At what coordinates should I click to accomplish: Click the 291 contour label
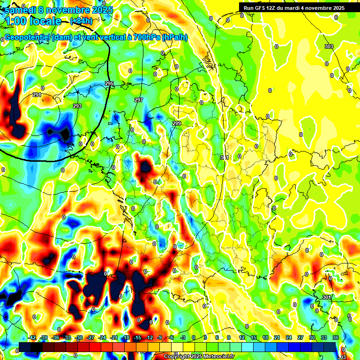coord(37,95)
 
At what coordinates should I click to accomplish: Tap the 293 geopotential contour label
coord(77,106)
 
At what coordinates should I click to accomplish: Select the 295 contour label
coord(109,83)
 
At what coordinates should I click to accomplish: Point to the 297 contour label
coord(139,100)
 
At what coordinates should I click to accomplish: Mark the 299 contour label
coord(177,123)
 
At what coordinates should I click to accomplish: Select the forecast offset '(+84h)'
coord(81,21)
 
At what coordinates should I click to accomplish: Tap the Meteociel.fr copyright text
coord(199,357)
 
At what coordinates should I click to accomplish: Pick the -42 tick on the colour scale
coord(33,337)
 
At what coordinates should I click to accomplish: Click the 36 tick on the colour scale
coord(336,337)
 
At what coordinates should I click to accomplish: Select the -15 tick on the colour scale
coord(137,337)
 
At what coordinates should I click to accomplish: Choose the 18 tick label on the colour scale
coord(265,337)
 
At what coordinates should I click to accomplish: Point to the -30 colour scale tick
coord(79,337)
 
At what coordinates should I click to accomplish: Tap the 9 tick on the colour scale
coord(229,337)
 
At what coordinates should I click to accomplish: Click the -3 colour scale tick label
coord(184,337)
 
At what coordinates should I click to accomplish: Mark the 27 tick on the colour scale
coord(300,337)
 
